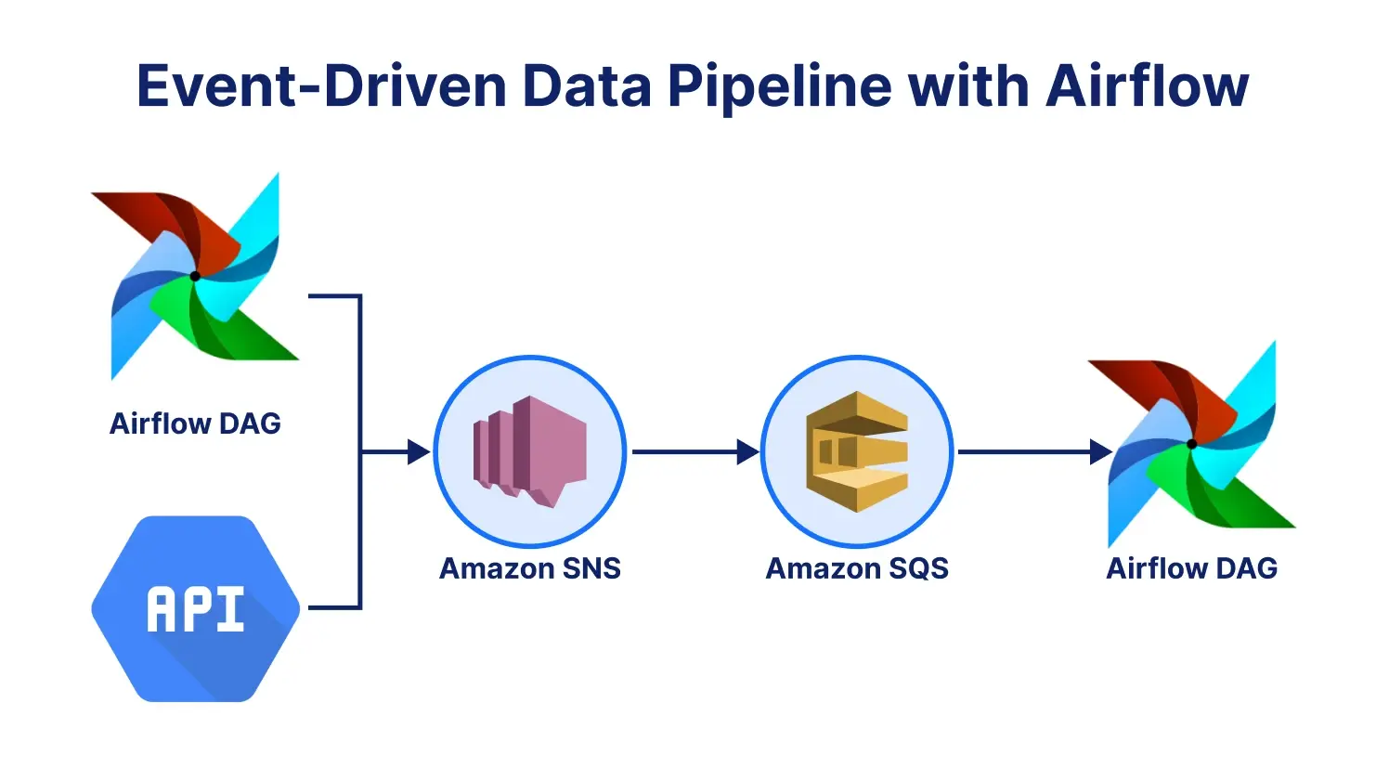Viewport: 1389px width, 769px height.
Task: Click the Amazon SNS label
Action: (529, 568)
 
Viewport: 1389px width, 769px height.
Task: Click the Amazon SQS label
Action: (856, 568)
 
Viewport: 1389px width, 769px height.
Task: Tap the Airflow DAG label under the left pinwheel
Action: (195, 424)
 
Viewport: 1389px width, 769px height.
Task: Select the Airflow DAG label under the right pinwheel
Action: (1191, 568)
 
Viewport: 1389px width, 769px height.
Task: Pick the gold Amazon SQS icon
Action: (856, 451)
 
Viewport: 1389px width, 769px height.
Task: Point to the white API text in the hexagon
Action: (195, 610)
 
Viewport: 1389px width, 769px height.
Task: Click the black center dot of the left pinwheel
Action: (195, 276)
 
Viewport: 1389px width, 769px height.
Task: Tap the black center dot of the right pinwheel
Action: (1191, 444)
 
